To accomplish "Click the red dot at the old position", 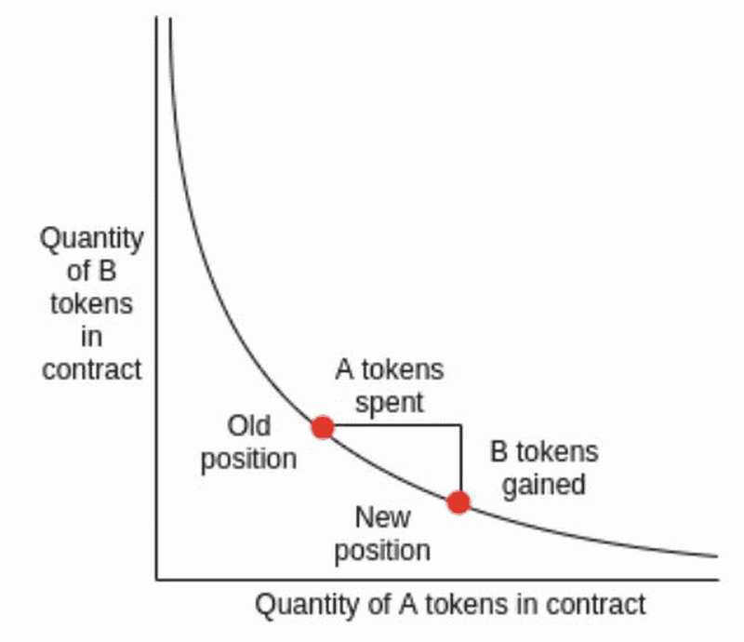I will point(323,427).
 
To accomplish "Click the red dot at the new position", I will point(458,502).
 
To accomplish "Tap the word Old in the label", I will point(249,426).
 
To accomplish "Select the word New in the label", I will point(382,516).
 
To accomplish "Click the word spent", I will point(390,403).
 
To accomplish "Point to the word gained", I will point(544,485).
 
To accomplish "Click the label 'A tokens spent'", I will point(390,386).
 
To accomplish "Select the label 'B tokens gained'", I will point(544,468).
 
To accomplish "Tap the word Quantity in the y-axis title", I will point(91,238).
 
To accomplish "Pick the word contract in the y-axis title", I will point(91,369).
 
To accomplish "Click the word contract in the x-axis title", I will point(594,605).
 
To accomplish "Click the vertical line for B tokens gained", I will point(460,461).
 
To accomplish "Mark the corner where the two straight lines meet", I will point(460,426).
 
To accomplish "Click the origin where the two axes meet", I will point(156,580).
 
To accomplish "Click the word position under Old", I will point(249,459).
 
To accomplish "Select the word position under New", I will point(382,549).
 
